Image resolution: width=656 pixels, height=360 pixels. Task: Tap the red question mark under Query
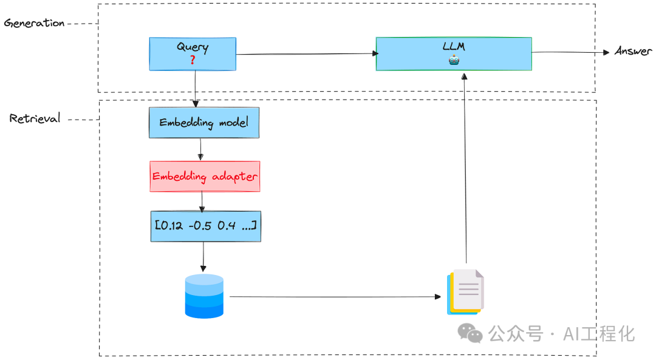(193, 60)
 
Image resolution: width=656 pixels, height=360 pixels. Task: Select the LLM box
(454, 53)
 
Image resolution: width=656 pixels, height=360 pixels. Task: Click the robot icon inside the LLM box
(454, 60)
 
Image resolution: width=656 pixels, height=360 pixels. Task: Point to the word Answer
(632, 51)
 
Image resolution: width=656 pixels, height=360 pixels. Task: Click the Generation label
(34, 23)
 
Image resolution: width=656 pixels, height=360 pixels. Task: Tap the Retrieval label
(35, 118)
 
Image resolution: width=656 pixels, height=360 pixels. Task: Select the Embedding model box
(204, 122)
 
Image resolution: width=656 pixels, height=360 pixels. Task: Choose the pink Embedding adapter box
(205, 176)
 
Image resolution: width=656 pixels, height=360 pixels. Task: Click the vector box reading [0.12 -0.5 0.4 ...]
(205, 226)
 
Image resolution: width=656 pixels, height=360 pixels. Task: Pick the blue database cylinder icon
(204, 296)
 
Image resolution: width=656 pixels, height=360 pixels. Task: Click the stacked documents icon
(466, 292)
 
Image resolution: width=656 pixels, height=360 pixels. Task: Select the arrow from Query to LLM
(304, 54)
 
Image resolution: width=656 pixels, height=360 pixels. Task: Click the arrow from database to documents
(334, 297)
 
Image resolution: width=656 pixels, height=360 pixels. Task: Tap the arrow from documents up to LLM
(465, 170)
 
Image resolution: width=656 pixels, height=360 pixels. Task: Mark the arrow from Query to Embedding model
(195, 89)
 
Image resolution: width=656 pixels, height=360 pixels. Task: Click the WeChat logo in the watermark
(470, 332)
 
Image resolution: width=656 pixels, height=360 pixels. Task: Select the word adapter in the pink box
(234, 177)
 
